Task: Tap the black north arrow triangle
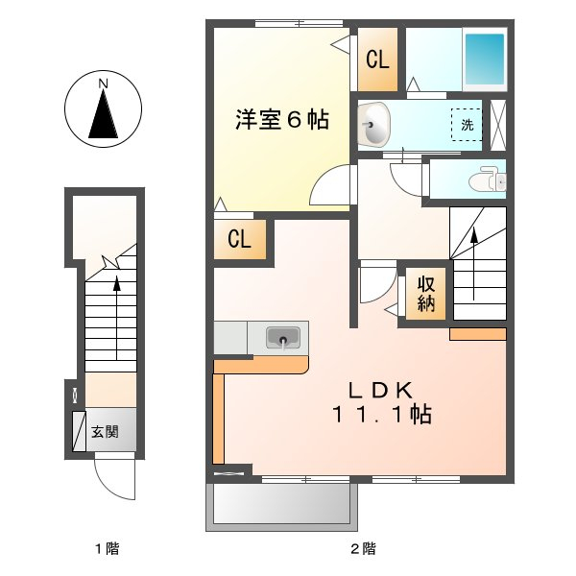click(102, 115)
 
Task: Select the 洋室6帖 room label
click(283, 120)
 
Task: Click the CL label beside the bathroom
click(377, 60)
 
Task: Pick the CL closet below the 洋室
click(239, 240)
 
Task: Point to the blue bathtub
click(485, 59)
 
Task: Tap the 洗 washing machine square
click(468, 125)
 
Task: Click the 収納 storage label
click(426, 294)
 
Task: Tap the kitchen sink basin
click(282, 337)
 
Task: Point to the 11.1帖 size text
click(381, 415)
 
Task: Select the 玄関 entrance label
click(105, 432)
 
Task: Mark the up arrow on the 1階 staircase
click(117, 317)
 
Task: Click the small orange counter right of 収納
click(477, 334)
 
